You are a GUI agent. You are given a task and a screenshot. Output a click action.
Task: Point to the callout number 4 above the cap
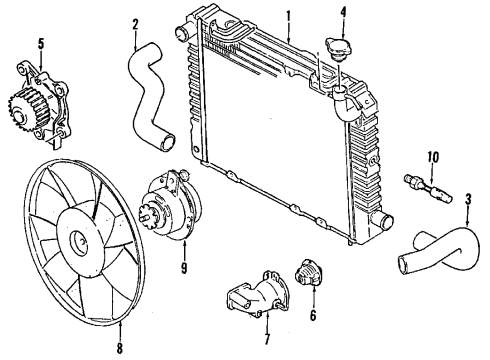(x=343, y=13)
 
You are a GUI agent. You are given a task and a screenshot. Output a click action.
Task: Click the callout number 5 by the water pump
(x=41, y=43)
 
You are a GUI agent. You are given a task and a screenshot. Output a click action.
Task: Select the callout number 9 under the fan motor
(x=183, y=268)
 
